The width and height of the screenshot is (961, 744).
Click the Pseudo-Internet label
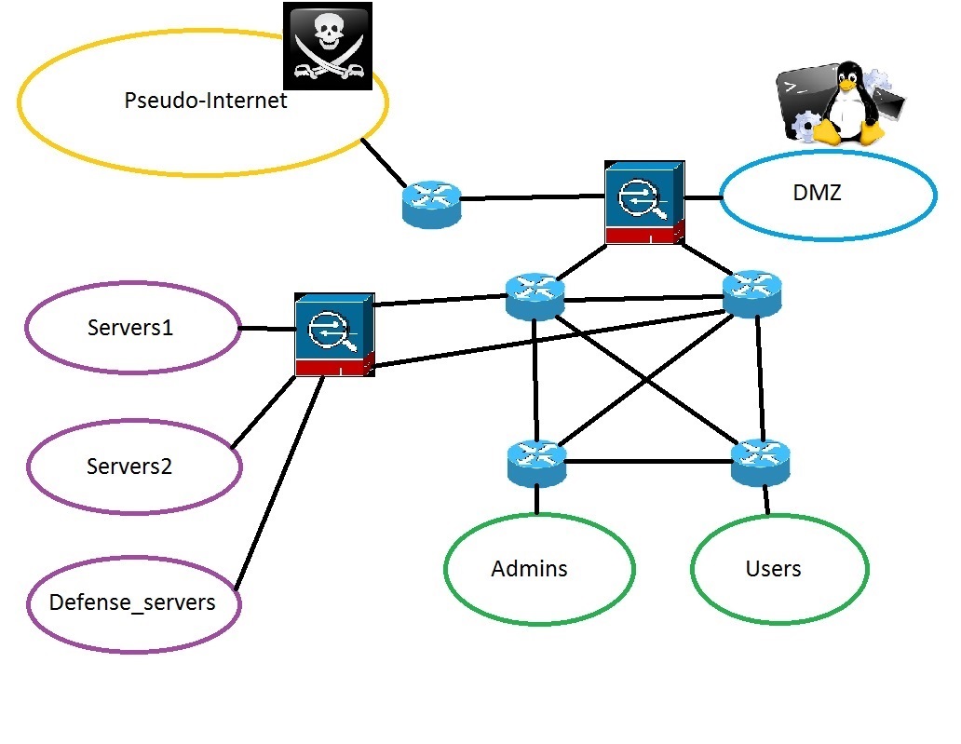[206, 101]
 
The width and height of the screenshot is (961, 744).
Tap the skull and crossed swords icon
[328, 46]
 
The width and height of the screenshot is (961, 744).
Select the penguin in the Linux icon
[847, 102]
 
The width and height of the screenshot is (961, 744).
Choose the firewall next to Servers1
[334, 334]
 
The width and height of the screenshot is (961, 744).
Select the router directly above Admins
[537, 462]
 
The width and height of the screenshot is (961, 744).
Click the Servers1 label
[130, 328]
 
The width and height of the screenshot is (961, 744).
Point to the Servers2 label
[129, 466]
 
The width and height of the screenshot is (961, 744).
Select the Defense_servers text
[132, 602]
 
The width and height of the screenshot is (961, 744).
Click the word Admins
[529, 568]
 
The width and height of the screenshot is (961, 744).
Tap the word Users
[773, 568]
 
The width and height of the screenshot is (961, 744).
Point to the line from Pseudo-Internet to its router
[384, 161]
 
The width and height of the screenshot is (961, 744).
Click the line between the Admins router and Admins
[537, 501]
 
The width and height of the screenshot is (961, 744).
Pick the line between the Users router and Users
[765, 501]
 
